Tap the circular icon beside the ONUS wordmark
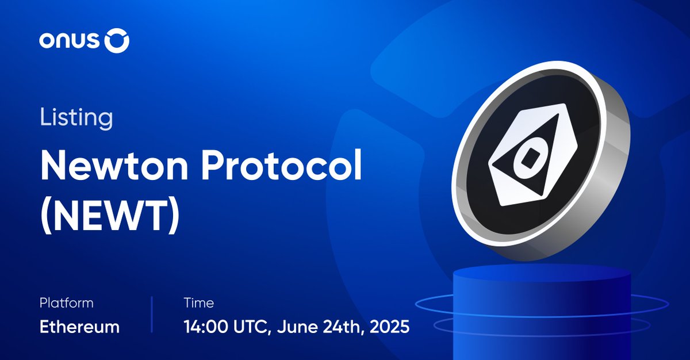click(x=118, y=41)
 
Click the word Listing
click(x=76, y=118)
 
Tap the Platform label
click(x=66, y=303)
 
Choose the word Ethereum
click(x=79, y=327)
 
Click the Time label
click(x=198, y=303)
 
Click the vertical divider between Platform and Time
click(x=152, y=315)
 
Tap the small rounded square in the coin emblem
click(x=528, y=159)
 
